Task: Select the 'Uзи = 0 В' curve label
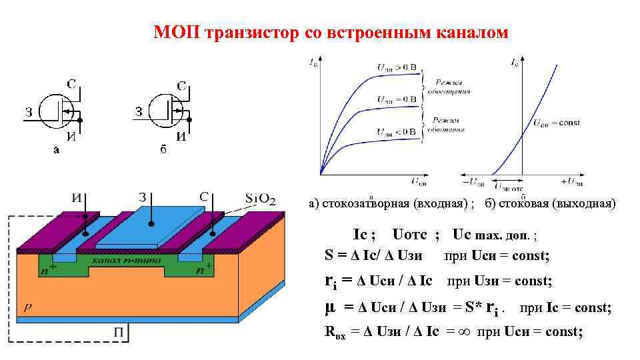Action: [396, 99]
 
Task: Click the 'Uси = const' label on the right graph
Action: [557, 123]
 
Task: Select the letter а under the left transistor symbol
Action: [56, 150]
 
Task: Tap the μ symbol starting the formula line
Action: [329, 307]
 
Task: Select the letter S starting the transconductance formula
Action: [329, 255]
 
